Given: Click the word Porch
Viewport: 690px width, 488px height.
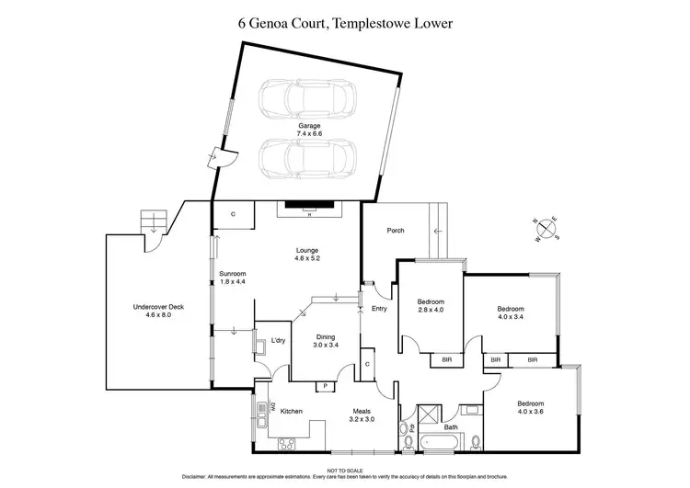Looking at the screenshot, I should click(396, 230).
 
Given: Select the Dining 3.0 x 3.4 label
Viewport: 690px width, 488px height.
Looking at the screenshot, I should click(327, 340).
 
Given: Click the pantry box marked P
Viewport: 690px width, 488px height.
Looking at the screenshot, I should click(326, 386).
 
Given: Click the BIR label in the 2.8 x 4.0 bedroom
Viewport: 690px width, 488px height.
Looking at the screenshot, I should click(447, 359).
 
